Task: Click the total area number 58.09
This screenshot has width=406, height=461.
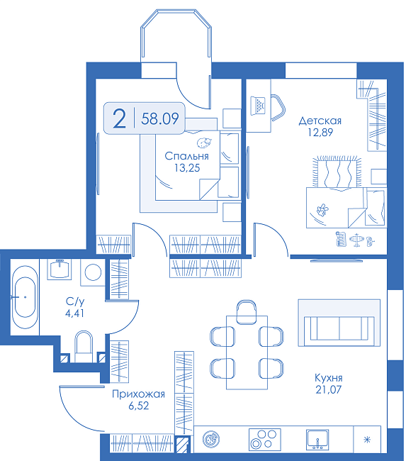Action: [160, 118]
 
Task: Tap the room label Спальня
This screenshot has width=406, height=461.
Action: [186, 156]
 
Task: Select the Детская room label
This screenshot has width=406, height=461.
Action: [320, 121]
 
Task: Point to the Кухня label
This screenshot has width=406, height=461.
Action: [329, 377]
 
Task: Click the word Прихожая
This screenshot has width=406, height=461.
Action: [138, 394]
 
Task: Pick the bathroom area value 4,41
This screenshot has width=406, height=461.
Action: [74, 313]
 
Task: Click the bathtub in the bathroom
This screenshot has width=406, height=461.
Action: [25, 297]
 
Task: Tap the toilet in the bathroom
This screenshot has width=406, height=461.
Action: [84, 346]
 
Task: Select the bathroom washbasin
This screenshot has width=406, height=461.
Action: [60, 269]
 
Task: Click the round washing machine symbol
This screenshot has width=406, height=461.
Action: [93, 272]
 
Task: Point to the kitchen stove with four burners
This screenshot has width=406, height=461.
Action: [265, 440]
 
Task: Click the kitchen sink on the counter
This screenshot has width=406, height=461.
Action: [317, 440]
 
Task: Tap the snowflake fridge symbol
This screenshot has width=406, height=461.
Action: [367, 440]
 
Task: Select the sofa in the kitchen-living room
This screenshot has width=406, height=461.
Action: [339, 328]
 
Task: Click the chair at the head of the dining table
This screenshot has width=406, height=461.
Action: [246, 311]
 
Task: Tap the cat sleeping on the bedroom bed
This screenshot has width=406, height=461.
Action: [204, 143]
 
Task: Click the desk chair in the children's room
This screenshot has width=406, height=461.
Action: [278, 108]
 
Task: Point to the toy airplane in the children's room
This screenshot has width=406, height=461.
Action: [356, 240]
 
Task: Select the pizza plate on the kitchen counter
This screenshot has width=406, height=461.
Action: [211, 440]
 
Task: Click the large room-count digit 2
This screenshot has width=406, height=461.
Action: [119, 118]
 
